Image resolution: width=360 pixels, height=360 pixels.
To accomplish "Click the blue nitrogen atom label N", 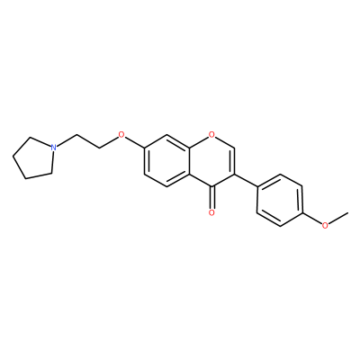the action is click(53, 148).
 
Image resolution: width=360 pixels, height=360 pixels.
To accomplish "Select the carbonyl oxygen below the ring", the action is click(211, 212).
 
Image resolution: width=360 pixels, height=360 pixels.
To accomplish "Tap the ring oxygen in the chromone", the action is click(211, 134).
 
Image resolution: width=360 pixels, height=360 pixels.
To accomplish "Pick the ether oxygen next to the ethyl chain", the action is click(121, 134).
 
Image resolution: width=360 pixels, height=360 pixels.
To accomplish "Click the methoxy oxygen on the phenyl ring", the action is click(325, 226).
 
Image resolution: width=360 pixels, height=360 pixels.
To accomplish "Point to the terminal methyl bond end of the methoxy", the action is click(348, 212).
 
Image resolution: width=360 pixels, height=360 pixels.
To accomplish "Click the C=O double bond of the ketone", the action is click(211, 197).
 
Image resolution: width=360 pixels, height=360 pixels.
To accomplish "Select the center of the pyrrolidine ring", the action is click(34, 158).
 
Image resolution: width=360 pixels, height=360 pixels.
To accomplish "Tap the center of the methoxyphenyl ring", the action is click(280, 200).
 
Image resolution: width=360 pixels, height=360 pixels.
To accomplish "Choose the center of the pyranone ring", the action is click(211, 160).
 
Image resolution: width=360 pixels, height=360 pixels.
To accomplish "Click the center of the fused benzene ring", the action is click(166, 160).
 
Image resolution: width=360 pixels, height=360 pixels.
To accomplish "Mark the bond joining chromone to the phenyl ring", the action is click(246, 180).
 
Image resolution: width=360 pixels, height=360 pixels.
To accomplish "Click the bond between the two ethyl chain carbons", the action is click(88, 141).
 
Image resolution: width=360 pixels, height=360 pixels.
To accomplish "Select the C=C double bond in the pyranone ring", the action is click(233, 160).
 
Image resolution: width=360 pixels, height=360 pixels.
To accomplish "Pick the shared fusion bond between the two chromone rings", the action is click(189, 160).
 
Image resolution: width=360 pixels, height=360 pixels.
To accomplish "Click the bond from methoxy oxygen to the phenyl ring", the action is click(312, 219).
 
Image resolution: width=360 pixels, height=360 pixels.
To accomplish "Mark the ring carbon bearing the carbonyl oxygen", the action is click(211, 186).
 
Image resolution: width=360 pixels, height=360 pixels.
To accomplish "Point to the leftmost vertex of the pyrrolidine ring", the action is click(13, 157).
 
